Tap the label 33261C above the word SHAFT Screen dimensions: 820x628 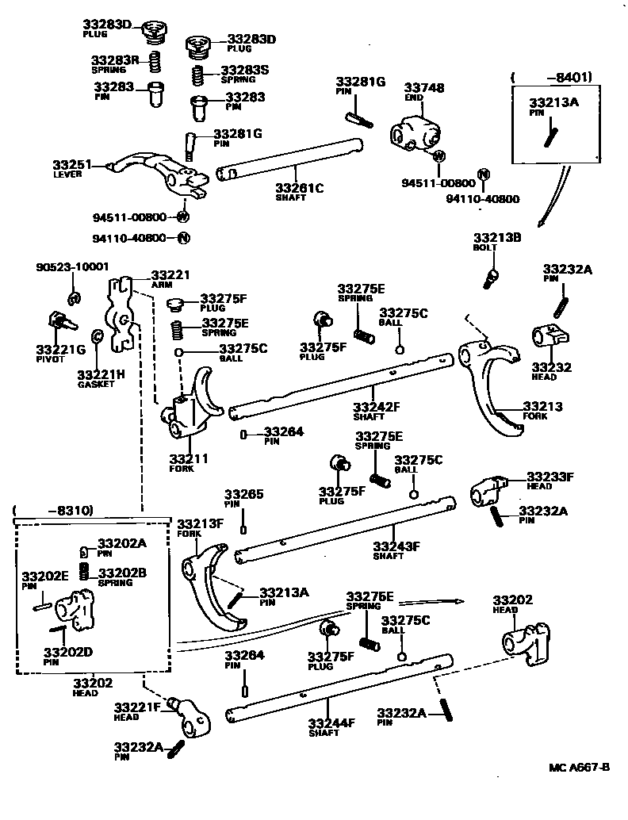300,188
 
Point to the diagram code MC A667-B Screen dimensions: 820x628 580,767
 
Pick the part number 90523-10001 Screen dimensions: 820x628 72,267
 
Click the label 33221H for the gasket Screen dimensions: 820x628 101,374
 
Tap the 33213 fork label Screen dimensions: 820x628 542,407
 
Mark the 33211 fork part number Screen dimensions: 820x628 189,458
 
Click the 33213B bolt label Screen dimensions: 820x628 496,237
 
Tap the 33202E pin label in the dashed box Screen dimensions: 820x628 44,577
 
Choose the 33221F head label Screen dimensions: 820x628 138,707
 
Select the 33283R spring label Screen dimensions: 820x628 115,59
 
